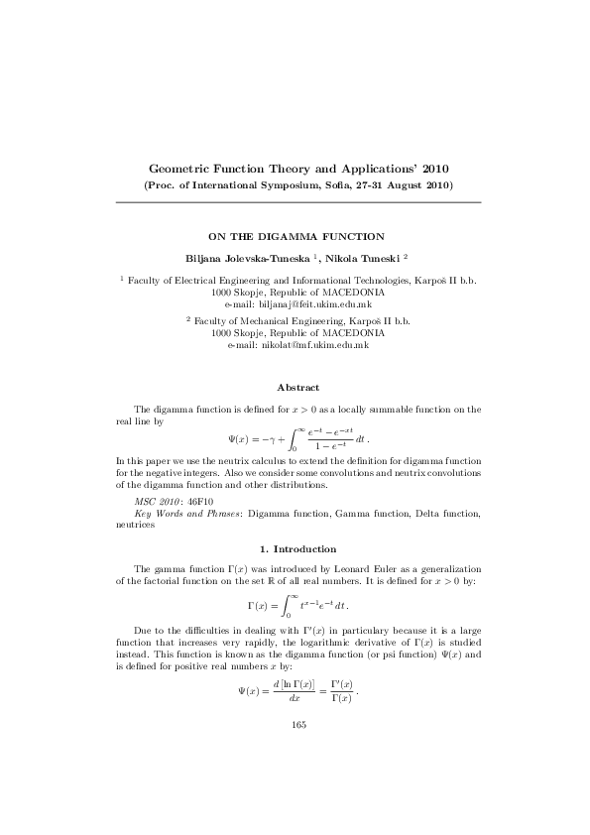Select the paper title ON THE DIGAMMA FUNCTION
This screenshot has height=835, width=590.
295,237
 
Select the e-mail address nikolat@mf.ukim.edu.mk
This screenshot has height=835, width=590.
299,344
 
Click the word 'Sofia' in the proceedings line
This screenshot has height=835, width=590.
325,185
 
